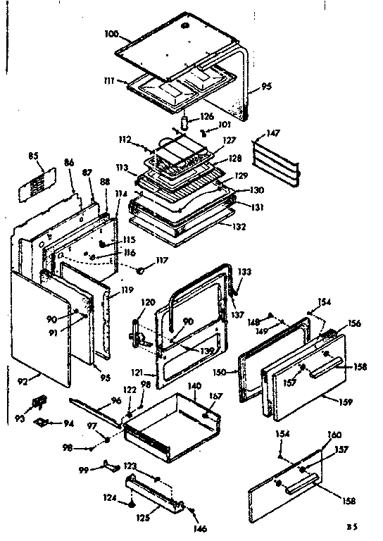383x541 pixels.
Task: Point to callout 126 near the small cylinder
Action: [x=206, y=117]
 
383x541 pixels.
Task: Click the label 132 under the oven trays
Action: [x=242, y=228]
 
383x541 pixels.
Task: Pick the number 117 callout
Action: [x=162, y=260]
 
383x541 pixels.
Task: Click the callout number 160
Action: [x=334, y=435]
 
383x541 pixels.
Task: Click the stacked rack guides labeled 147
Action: [x=277, y=161]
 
